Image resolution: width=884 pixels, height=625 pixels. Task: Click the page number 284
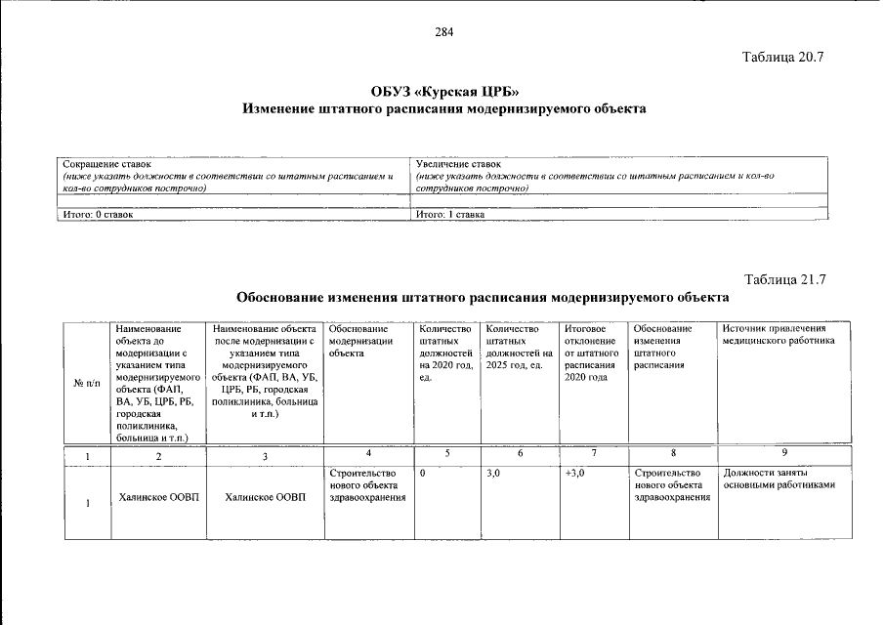[443, 31]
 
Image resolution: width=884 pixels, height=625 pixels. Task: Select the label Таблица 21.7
[784, 279]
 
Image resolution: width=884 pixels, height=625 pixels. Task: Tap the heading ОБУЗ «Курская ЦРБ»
[443, 92]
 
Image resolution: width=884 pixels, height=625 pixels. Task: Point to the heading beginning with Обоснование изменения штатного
[483, 296]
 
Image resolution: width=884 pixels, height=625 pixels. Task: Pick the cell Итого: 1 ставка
[450, 213]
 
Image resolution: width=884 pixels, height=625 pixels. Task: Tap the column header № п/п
[87, 382]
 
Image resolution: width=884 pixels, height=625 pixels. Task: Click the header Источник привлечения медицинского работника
[779, 335]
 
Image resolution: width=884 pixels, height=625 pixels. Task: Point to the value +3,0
[574, 474]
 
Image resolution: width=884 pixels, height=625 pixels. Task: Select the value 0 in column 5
[422, 474]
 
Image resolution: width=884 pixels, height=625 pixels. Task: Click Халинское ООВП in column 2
[157, 498]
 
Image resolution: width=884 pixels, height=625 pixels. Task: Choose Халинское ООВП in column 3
[265, 498]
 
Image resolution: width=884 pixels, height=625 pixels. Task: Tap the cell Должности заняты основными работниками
[780, 479]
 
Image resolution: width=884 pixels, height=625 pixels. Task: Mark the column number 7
[593, 453]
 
